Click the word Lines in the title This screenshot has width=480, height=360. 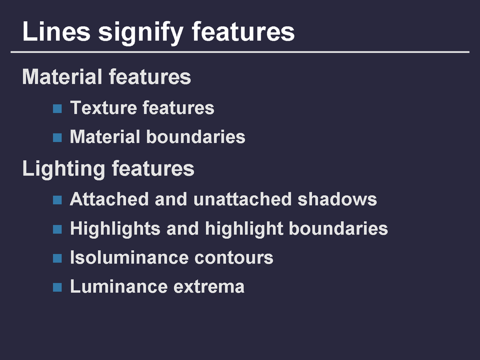coord(56,31)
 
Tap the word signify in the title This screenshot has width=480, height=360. coord(141,32)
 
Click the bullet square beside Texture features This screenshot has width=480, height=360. coord(57,109)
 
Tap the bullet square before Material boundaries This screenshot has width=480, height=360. coord(57,137)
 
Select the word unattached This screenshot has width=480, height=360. coord(242,199)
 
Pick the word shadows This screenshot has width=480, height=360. coord(337,199)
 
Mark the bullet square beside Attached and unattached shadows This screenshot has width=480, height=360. coord(57,200)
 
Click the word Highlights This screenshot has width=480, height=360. coord(115,229)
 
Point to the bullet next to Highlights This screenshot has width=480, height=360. coord(57,229)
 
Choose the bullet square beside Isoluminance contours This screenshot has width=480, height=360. coord(57,258)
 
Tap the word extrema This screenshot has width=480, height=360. coord(209,287)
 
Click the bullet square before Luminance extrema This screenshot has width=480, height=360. coord(57,287)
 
